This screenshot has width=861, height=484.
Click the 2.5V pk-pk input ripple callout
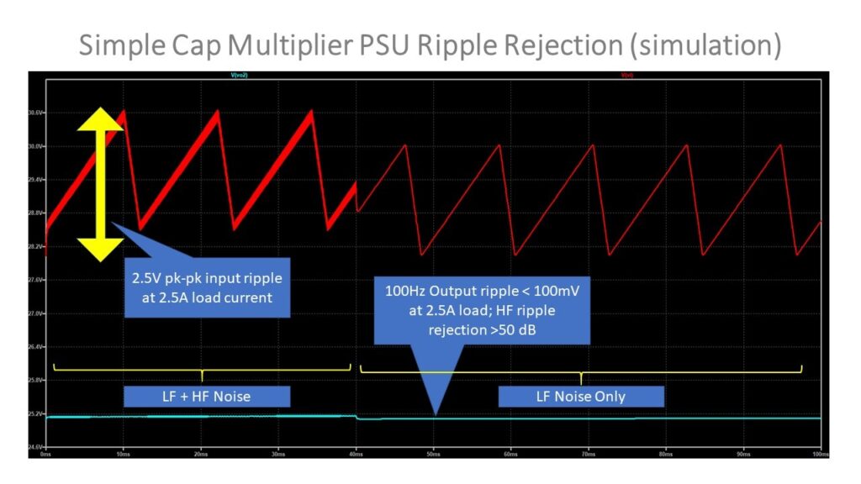[207, 287]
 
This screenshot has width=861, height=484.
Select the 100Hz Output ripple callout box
[482, 309]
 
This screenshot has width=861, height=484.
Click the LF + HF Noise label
[207, 396]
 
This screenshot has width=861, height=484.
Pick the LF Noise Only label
[581, 396]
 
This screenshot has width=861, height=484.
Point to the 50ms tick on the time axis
[433, 454]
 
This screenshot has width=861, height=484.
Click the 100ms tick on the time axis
[820, 454]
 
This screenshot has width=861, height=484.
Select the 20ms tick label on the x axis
[201, 454]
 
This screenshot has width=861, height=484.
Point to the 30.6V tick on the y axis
[36, 113]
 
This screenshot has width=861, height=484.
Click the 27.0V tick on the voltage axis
[36, 313]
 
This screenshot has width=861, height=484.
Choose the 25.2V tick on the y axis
[36, 413]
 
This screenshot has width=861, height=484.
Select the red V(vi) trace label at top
[626, 76]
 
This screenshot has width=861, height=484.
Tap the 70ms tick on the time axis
[588, 454]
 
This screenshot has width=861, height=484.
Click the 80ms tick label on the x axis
[665, 454]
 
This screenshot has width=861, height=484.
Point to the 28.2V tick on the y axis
[36, 246]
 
